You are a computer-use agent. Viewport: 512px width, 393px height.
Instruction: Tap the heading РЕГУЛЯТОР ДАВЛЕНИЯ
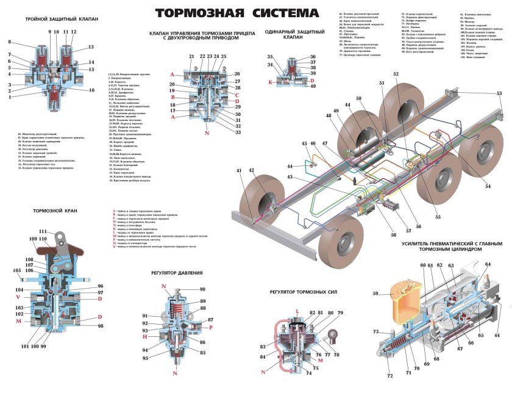178,273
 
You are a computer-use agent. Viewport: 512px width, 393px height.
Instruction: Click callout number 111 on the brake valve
43,231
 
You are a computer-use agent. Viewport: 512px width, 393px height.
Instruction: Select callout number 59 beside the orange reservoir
375,294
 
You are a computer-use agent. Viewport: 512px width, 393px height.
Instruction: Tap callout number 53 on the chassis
499,93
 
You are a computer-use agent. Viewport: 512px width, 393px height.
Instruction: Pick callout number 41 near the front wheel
240,170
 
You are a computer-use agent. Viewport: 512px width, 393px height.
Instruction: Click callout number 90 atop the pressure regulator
202,289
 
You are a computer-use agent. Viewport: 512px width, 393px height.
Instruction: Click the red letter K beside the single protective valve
271,81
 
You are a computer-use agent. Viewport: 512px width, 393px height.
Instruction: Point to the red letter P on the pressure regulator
210,327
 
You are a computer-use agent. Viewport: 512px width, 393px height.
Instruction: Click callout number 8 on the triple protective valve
10,42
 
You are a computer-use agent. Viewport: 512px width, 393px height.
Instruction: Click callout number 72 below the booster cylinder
389,377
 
